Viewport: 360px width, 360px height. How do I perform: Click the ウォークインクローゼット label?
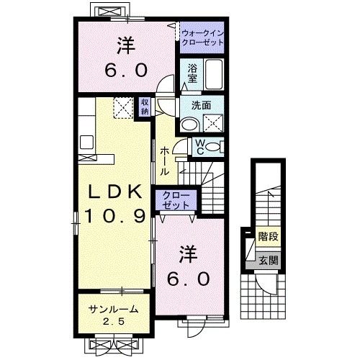tap(202, 38)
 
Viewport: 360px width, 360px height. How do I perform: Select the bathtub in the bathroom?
tap(214, 74)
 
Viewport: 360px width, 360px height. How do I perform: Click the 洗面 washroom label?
tap(201, 104)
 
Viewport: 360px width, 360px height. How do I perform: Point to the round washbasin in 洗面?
tap(189, 124)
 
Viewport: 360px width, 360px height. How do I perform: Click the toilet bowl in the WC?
tap(213, 148)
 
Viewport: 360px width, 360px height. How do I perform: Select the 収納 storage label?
tap(145, 107)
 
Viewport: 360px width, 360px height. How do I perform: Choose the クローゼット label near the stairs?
tap(176, 200)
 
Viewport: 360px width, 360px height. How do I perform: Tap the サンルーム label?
tap(112, 310)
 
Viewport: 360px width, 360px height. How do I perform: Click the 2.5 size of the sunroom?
tap(112, 321)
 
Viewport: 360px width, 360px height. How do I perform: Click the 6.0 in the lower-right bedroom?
tap(189, 277)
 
